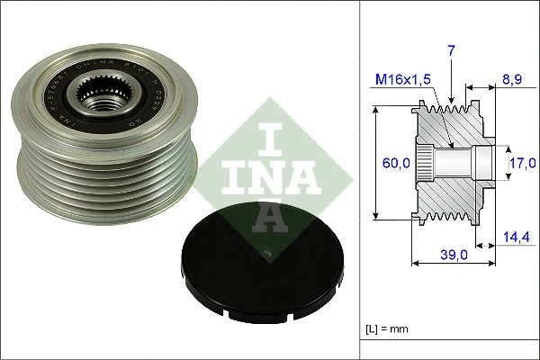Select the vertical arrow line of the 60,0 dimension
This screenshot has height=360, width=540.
click(376, 163)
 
